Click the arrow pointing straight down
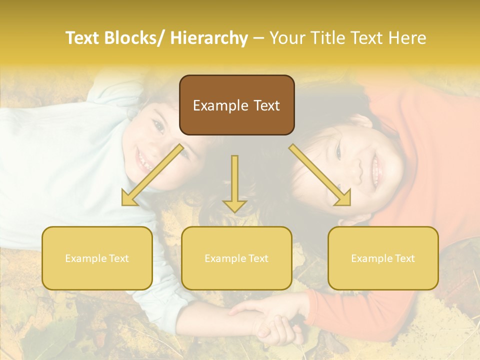[x=234, y=185]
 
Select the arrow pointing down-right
[x=320, y=175]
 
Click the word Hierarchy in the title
[x=209, y=38]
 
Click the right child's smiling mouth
[x=375, y=167]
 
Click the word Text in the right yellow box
[x=404, y=258]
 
